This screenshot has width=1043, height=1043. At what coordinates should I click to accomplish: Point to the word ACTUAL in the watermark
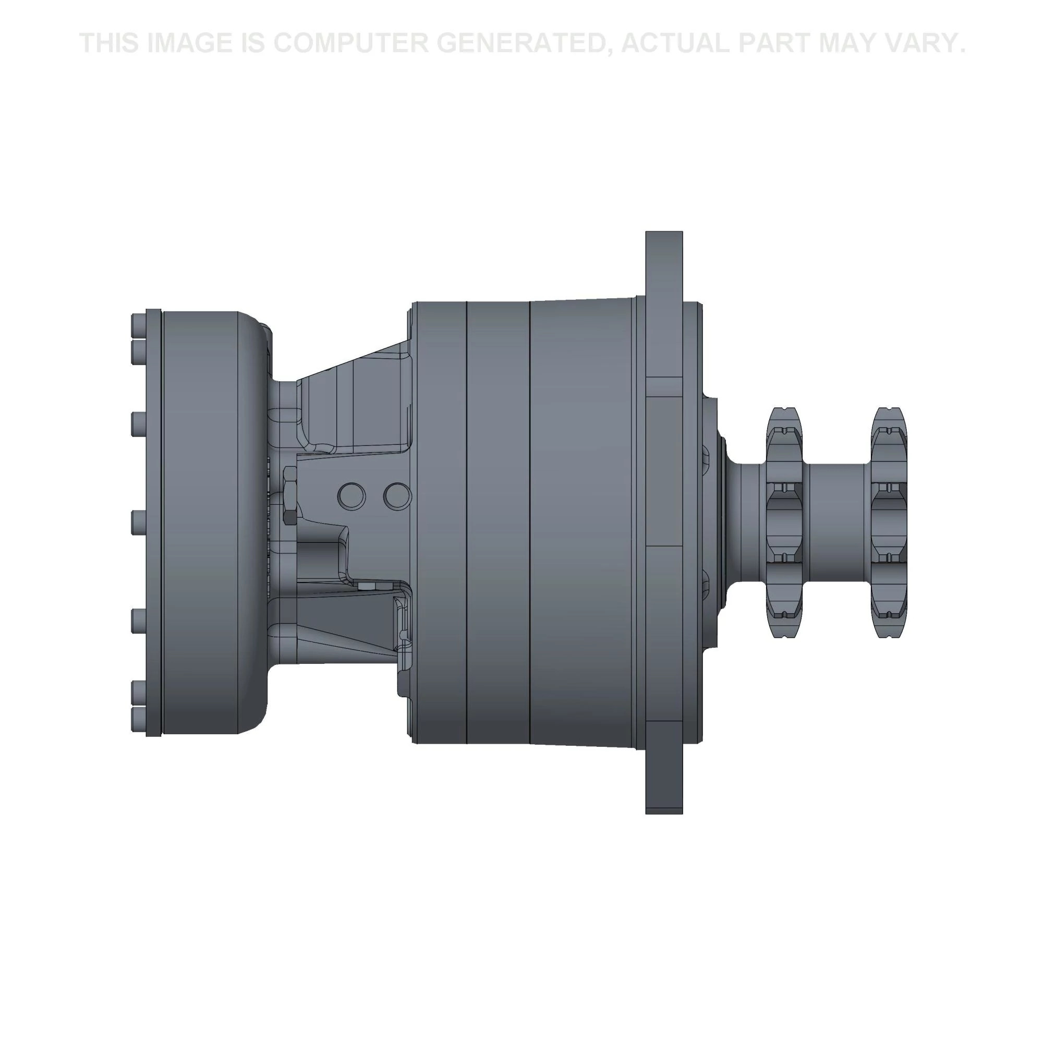(674, 43)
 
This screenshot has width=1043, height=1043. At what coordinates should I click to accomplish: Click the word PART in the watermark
(772, 43)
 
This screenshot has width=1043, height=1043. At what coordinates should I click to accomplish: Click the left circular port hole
(351, 496)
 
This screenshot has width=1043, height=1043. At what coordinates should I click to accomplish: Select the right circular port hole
(397, 496)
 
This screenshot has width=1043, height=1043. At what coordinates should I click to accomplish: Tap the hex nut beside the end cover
(289, 495)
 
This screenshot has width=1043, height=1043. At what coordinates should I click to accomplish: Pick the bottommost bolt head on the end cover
(138, 720)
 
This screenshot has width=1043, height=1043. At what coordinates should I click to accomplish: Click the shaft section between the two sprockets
(836, 522)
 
